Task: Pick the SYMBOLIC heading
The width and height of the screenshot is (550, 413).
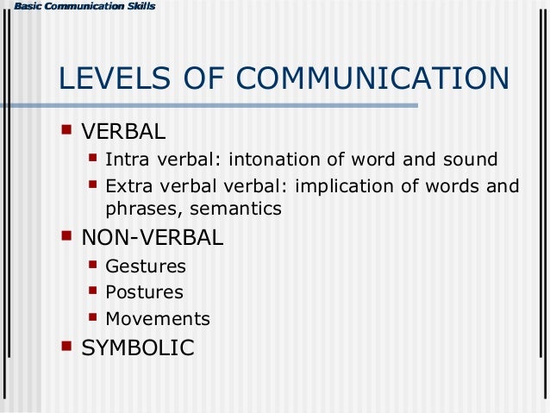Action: tap(137, 347)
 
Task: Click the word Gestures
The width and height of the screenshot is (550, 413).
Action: tap(145, 266)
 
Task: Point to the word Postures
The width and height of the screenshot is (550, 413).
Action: tap(144, 292)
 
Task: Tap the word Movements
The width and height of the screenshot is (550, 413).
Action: tap(157, 318)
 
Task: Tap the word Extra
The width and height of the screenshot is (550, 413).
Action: tap(127, 186)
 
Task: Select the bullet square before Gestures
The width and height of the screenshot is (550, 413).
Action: tap(93, 264)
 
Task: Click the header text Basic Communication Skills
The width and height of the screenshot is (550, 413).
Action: tap(78, 7)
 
